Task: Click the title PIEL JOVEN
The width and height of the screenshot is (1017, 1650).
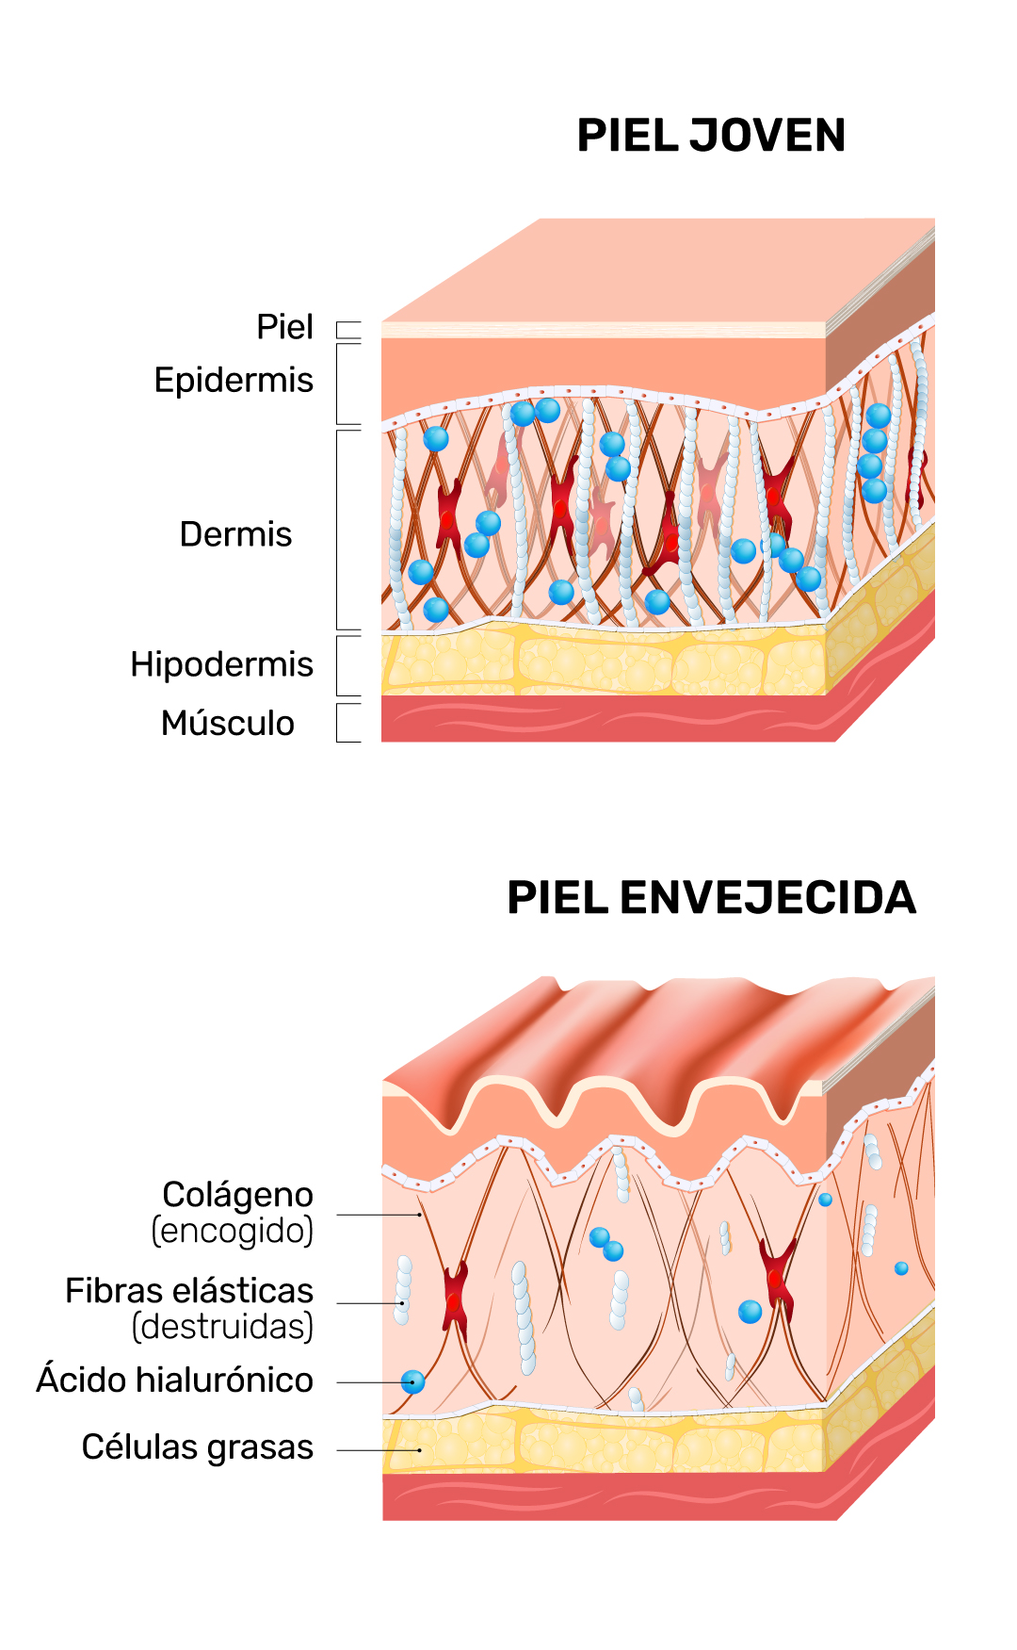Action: pos(711,136)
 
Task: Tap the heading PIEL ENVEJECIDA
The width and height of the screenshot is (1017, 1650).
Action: pos(711,897)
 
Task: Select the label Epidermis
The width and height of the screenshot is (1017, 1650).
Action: pos(234,381)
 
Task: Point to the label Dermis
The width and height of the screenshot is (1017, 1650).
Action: pos(235,534)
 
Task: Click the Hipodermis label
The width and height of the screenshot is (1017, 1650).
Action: pos(221,664)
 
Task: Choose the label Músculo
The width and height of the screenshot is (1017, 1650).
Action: pos(228,724)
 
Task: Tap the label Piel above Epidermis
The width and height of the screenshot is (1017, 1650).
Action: pos(284,328)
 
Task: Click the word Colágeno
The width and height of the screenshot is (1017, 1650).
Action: pos(237,1195)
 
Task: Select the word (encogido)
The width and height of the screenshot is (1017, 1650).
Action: pos(233,1231)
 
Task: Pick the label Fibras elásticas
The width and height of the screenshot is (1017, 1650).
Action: pos(189,1291)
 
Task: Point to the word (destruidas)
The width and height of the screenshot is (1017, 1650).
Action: pos(222,1327)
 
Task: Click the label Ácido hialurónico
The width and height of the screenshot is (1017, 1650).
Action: pos(175,1380)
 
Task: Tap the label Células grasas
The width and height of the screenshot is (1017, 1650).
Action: pos(197,1447)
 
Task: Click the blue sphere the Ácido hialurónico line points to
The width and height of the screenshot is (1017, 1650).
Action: pos(412,1382)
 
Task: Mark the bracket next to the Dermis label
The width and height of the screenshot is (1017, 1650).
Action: pos(338,530)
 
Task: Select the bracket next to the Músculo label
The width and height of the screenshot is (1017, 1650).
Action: pos(338,723)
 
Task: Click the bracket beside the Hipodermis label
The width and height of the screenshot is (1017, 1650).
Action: pos(338,665)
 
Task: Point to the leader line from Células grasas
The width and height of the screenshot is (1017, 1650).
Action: pos(377,1450)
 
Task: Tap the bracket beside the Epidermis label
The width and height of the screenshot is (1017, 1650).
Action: pos(338,384)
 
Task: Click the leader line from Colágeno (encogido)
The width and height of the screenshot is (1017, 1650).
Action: pos(377,1215)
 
